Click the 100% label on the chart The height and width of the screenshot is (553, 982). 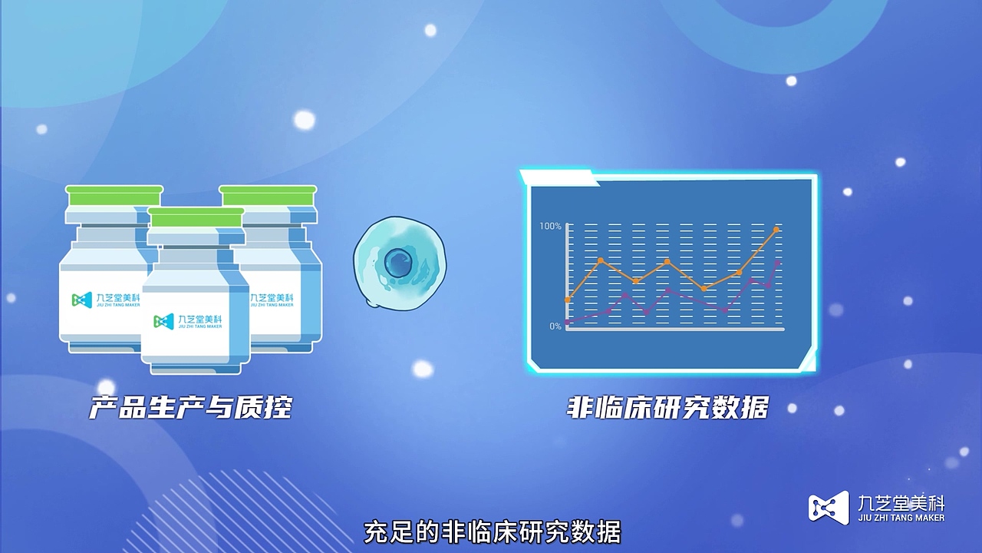tap(550, 226)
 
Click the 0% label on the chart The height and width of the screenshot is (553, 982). tap(555, 326)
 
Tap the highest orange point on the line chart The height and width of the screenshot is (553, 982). tap(776, 230)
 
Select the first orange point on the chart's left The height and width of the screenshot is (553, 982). tap(568, 300)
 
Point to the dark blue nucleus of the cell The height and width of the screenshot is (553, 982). tap(398, 263)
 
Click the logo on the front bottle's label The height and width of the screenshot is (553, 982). tap(163, 321)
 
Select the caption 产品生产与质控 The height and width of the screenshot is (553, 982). tap(191, 407)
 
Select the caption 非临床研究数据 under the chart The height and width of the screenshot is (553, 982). tap(667, 407)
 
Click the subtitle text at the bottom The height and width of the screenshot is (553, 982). tap(491, 532)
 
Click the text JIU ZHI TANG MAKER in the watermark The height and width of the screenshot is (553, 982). tap(900, 518)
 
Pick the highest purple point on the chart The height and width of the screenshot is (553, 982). tap(778, 263)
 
